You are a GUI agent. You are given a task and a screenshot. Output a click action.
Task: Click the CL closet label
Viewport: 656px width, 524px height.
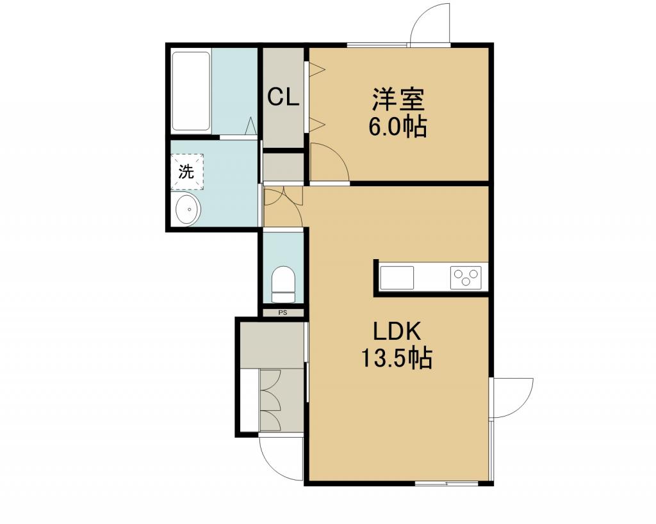pos(283,97)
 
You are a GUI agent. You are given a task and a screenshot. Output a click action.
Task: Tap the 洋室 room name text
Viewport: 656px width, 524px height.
pos(398,99)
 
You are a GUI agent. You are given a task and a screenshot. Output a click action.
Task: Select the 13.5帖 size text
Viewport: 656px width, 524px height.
pos(397,358)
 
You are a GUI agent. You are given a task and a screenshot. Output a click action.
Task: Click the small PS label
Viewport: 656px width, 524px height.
pos(283,312)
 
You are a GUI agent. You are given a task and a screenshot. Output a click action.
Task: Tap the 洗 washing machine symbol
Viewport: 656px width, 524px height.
pos(187,171)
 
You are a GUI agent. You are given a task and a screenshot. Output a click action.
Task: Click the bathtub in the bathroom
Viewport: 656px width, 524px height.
pos(191,91)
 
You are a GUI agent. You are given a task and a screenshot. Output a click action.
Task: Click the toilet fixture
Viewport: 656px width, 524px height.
pos(283,284)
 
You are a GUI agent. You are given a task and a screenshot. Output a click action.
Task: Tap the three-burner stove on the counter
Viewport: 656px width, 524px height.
pos(466,277)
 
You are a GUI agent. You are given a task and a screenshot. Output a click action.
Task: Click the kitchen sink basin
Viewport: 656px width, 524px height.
pos(397,278)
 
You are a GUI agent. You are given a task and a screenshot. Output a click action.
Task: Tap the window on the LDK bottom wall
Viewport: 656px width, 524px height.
pos(447,484)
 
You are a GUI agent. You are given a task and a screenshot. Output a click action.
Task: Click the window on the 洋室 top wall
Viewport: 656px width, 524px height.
pos(377,45)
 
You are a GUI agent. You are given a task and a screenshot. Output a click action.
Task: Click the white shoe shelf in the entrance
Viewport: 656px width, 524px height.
pos(250,400)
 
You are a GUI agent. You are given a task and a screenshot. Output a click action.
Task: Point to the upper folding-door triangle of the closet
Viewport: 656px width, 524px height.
pos(316,69)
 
